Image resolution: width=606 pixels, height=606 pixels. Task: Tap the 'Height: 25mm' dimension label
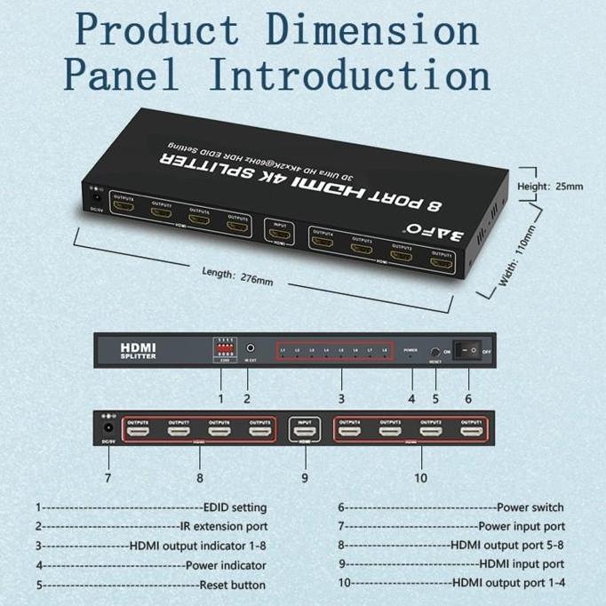[x=551, y=187]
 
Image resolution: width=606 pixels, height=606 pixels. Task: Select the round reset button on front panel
[x=435, y=352]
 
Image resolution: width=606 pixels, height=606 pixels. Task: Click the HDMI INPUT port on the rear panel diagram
[x=305, y=433]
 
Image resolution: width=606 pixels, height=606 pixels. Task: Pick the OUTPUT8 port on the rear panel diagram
[x=140, y=433]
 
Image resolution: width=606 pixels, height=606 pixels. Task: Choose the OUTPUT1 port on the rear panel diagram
[x=471, y=433]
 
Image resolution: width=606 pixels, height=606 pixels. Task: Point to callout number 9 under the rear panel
[x=304, y=477]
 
